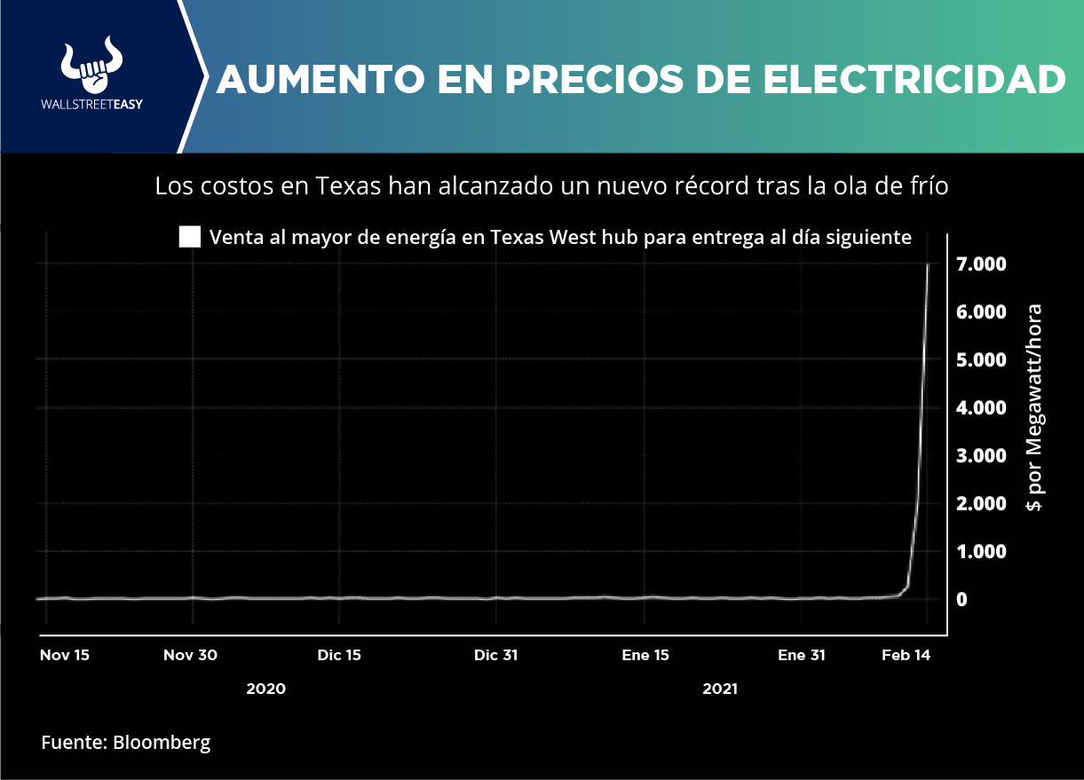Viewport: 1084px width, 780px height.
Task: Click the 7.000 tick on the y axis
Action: pos(980,264)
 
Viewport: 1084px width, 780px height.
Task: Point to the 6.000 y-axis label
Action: pos(980,312)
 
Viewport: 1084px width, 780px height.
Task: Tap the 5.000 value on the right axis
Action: pos(980,360)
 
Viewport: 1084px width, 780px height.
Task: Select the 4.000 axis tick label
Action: pos(980,408)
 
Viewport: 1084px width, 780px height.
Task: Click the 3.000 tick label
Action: pos(980,456)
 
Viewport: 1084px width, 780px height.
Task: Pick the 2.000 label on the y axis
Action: pos(980,504)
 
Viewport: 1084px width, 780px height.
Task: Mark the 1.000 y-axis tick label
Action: pos(980,552)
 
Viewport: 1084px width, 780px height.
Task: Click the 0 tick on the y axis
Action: pos(961,600)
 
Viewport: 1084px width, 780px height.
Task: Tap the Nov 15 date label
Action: pos(65,656)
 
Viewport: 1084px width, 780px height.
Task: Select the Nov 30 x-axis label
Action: pos(190,656)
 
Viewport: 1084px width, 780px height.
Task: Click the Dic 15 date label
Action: pos(339,656)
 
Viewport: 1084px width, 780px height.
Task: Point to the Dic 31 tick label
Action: pos(495,656)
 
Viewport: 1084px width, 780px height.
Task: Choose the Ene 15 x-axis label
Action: pos(645,656)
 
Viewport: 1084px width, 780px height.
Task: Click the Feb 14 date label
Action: pos(906,656)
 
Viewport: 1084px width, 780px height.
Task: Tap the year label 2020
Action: pos(266,689)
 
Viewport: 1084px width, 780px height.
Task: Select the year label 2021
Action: pos(720,689)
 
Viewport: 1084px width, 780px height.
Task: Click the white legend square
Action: pos(190,237)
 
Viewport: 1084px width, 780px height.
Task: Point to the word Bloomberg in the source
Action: pos(162,743)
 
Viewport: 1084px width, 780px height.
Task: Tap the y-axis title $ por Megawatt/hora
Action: pos(1034,408)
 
